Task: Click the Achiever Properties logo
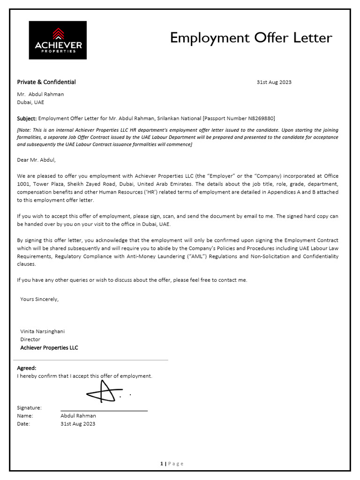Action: point(58,40)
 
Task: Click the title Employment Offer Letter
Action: point(251,37)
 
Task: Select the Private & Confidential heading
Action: point(46,82)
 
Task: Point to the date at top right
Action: point(274,82)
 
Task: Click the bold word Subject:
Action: point(27,119)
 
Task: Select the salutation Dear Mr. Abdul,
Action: point(36,160)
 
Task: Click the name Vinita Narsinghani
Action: point(42,331)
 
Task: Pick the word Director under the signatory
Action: point(30,339)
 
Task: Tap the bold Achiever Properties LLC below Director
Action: point(49,348)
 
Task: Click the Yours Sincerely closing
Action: point(39,299)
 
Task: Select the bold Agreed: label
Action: point(27,368)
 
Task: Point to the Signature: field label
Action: point(29,408)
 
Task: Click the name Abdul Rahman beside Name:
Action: point(78,416)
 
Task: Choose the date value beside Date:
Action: point(77,424)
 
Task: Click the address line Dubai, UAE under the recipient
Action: point(30,102)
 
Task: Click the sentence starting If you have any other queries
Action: point(132,280)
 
